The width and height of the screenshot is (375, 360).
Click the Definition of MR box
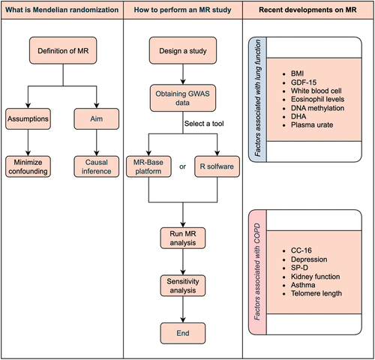point(63,50)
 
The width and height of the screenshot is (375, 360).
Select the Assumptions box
point(28,118)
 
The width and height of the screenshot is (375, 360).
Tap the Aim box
point(97,118)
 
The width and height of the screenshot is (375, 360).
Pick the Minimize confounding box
point(28,166)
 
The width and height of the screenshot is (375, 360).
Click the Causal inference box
point(97,166)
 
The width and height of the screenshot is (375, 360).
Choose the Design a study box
point(183,50)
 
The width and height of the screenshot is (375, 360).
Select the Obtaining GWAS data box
point(183,98)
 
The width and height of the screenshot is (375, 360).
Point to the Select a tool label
point(204,124)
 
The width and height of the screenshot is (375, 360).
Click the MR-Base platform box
point(148,166)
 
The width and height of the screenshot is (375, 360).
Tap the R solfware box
point(217,166)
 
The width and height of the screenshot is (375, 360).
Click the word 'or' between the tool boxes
point(182,166)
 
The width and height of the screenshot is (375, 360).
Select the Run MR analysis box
point(183,238)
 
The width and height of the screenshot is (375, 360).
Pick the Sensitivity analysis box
point(183,286)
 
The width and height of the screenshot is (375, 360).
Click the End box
point(183,333)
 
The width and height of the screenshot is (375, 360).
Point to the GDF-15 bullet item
point(304,82)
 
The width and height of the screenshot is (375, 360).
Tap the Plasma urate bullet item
point(312,124)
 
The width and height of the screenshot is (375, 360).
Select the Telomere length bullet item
point(316,293)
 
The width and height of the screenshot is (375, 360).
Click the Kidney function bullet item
point(315,277)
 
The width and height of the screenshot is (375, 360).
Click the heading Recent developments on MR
point(307,10)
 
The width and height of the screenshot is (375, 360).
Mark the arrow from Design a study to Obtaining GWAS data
point(183,74)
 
